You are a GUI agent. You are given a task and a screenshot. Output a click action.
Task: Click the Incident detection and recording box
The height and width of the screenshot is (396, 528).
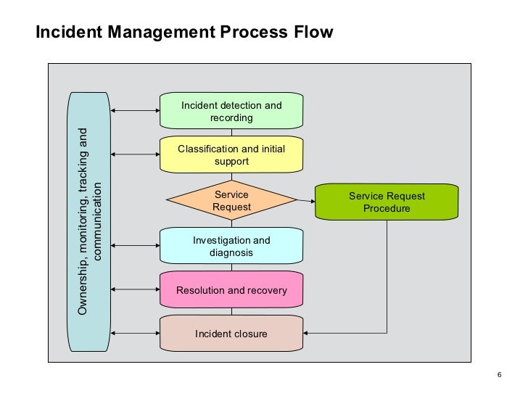(x=231, y=111)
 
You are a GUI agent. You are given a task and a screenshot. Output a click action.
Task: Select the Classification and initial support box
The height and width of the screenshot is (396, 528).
(x=231, y=154)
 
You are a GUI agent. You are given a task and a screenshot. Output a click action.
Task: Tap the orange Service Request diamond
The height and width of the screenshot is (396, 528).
(x=231, y=200)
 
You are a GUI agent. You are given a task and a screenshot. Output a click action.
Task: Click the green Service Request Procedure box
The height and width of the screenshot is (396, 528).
(x=387, y=202)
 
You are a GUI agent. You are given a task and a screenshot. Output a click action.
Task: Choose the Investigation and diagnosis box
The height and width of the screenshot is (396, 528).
(x=231, y=246)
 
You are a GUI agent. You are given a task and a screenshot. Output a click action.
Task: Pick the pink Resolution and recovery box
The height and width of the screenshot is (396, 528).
(x=231, y=290)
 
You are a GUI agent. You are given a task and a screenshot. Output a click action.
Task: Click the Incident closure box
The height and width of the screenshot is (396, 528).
(x=231, y=334)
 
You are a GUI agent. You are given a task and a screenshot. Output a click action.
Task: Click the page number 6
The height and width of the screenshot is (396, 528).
(x=500, y=374)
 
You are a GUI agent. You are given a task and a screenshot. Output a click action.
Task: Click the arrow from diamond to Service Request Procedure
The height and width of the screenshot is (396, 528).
(x=305, y=200)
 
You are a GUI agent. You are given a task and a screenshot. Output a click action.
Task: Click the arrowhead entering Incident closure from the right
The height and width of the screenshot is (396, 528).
(x=308, y=334)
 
